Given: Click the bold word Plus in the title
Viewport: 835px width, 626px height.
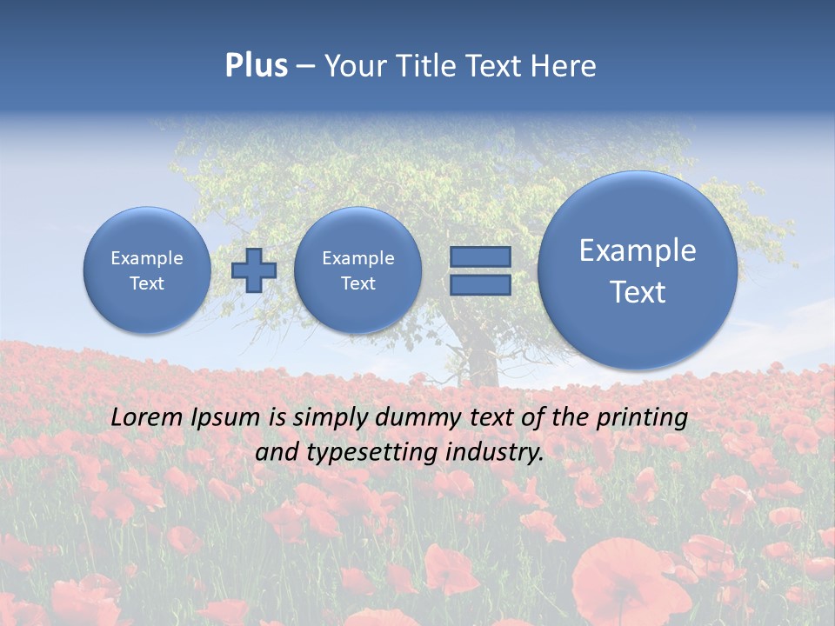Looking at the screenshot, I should click(x=256, y=66).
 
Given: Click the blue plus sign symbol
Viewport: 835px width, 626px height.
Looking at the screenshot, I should click(x=254, y=270).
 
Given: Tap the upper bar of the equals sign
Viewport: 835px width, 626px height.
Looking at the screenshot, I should click(x=480, y=256).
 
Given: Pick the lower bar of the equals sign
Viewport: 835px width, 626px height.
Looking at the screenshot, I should click(x=480, y=284).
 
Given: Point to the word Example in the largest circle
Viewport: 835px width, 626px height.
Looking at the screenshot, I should click(x=638, y=250).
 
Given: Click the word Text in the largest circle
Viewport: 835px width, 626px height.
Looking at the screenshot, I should click(x=638, y=292).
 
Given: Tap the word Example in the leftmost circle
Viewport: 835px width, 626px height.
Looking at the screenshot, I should click(x=147, y=258).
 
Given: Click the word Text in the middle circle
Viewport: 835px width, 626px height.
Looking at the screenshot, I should click(x=357, y=283).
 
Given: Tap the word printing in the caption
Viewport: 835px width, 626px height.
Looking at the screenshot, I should click(x=641, y=418).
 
